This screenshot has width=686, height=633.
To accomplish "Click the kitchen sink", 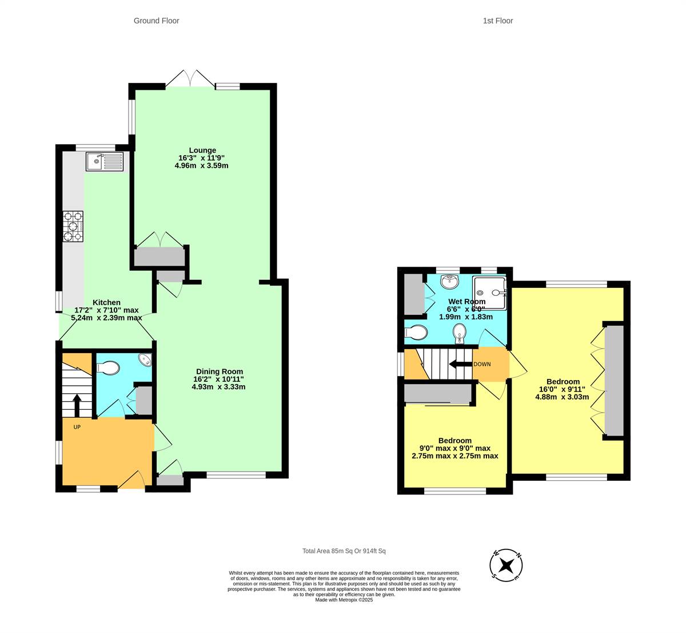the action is click(x=105, y=161).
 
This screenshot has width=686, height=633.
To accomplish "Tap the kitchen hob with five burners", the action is click(x=73, y=227).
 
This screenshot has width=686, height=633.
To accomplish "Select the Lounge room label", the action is click(x=202, y=151).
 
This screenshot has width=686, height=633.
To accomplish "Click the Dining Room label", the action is click(x=220, y=371).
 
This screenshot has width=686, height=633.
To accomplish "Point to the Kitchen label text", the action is click(x=106, y=302).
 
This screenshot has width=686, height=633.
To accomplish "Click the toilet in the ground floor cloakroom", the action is click(x=108, y=368).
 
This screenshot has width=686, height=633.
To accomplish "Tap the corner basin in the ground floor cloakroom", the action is click(x=146, y=359).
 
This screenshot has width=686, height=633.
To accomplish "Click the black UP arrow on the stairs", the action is click(x=77, y=405).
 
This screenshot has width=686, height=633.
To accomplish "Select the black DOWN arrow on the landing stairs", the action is click(x=461, y=364).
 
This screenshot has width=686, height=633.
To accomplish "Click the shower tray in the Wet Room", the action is click(x=489, y=293).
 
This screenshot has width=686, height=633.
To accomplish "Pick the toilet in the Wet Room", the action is click(x=416, y=333).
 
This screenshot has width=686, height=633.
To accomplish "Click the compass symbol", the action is click(x=506, y=565).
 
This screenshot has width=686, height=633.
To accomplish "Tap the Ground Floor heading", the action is click(x=156, y=21).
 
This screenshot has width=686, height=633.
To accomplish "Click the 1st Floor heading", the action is click(x=497, y=21).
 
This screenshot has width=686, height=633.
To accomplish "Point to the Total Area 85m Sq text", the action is click(x=344, y=551).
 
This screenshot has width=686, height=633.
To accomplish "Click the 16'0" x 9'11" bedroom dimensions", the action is click(x=562, y=389).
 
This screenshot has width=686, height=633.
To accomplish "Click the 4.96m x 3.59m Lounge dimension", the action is click(x=201, y=166).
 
